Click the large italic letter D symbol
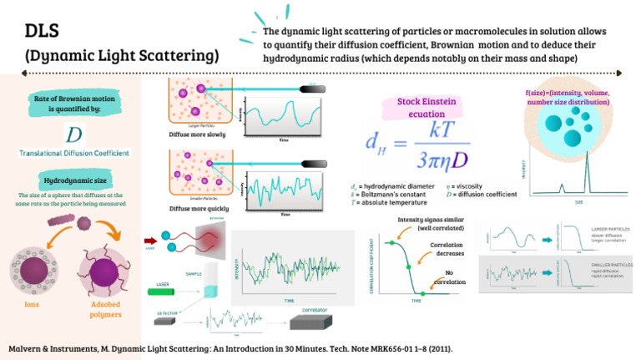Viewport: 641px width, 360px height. (73, 134)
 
